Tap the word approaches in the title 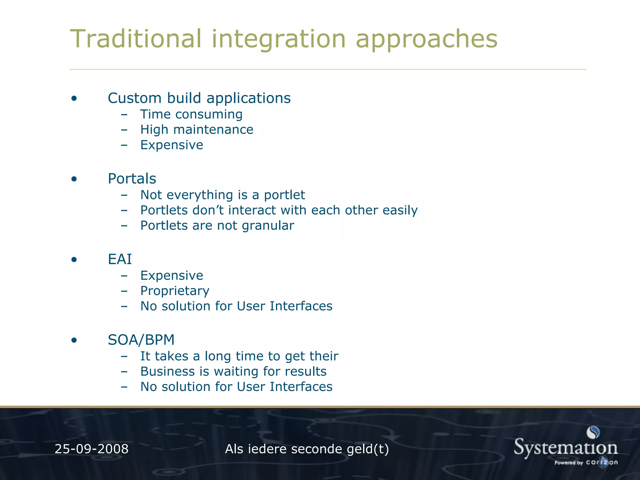(426, 39)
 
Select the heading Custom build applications (199, 98)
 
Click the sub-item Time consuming (191, 114)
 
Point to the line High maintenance (197, 130)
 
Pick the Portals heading (132, 179)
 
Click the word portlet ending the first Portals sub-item (284, 195)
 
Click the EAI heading (120, 259)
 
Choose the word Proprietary (175, 291)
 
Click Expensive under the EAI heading (172, 276)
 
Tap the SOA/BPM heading (141, 340)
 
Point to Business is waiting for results (233, 372)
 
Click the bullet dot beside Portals (74, 179)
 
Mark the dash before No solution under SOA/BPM (124, 387)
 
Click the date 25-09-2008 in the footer (92, 449)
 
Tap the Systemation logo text (566, 448)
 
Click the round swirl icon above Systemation (593, 432)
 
